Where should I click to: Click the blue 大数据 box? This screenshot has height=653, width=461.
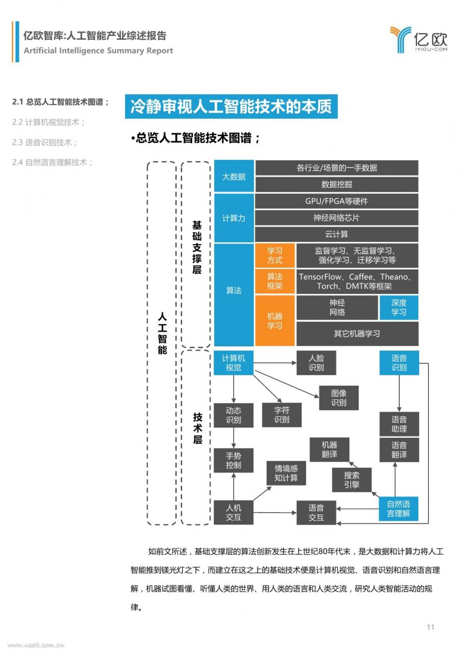(234, 176)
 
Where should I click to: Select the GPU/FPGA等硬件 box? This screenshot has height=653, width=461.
(337, 201)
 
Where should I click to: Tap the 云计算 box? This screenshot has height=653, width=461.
(337, 234)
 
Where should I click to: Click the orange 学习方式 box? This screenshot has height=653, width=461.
(275, 256)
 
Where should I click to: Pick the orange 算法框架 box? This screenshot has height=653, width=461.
(275, 281)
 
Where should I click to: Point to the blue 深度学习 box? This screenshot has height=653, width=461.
(399, 308)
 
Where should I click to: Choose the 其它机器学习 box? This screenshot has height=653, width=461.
(357, 334)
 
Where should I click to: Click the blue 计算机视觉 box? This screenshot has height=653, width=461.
(234, 363)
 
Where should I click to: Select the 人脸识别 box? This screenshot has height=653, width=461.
(316, 363)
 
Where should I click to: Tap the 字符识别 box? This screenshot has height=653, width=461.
(282, 415)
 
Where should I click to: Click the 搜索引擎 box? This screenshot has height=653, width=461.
(352, 480)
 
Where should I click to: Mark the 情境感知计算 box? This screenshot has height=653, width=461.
(286, 473)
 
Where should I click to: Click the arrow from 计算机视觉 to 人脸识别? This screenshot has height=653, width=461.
(275, 363)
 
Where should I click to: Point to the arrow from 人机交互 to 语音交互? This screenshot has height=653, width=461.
(275, 513)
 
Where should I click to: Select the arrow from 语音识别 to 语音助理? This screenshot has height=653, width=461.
(399, 393)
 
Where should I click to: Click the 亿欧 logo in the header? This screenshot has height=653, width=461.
(419, 40)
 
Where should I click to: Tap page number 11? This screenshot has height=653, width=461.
(430, 627)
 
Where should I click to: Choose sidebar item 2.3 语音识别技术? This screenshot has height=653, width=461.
(44, 142)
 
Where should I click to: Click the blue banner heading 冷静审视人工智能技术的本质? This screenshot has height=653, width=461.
(231, 107)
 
